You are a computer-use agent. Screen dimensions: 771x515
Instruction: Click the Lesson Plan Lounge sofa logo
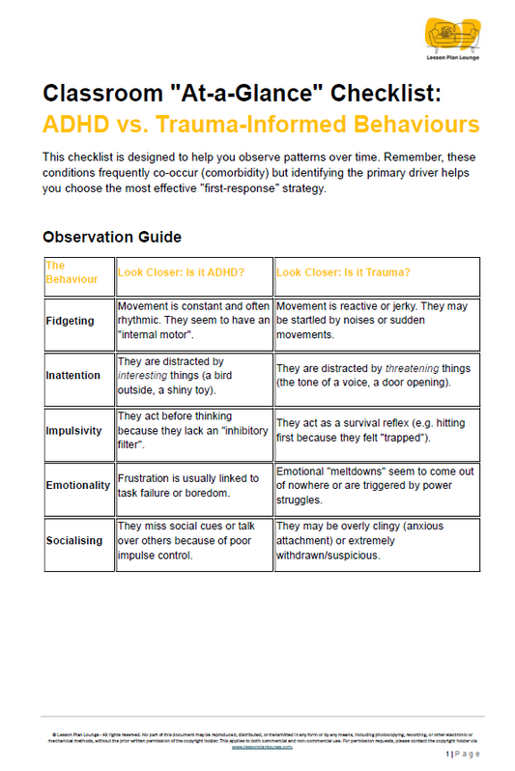451,36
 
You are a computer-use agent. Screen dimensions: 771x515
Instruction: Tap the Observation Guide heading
112,237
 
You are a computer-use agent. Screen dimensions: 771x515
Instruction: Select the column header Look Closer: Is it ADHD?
182,272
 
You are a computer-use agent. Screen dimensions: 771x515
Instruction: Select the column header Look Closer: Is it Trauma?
344,272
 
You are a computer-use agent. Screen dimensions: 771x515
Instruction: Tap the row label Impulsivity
75,431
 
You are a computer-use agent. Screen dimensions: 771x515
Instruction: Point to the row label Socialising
75,541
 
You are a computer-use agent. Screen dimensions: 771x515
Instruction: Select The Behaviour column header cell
79,272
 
